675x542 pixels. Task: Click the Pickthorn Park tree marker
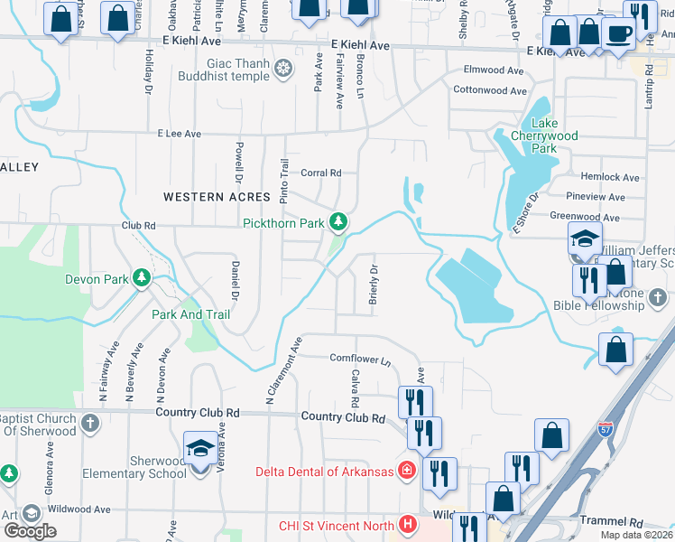(338, 221)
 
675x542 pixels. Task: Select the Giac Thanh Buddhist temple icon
(283, 69)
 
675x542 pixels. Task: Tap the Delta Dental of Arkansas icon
(407, 471)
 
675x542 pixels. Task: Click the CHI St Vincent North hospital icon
(408, 524)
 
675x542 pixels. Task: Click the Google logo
(30, 530)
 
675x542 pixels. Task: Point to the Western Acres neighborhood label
(217, 197)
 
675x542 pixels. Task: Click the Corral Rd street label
(321, 173)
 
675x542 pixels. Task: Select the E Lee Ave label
(179, 134)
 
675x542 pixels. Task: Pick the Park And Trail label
(190, 314)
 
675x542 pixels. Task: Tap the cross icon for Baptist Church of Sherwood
(89, 423)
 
